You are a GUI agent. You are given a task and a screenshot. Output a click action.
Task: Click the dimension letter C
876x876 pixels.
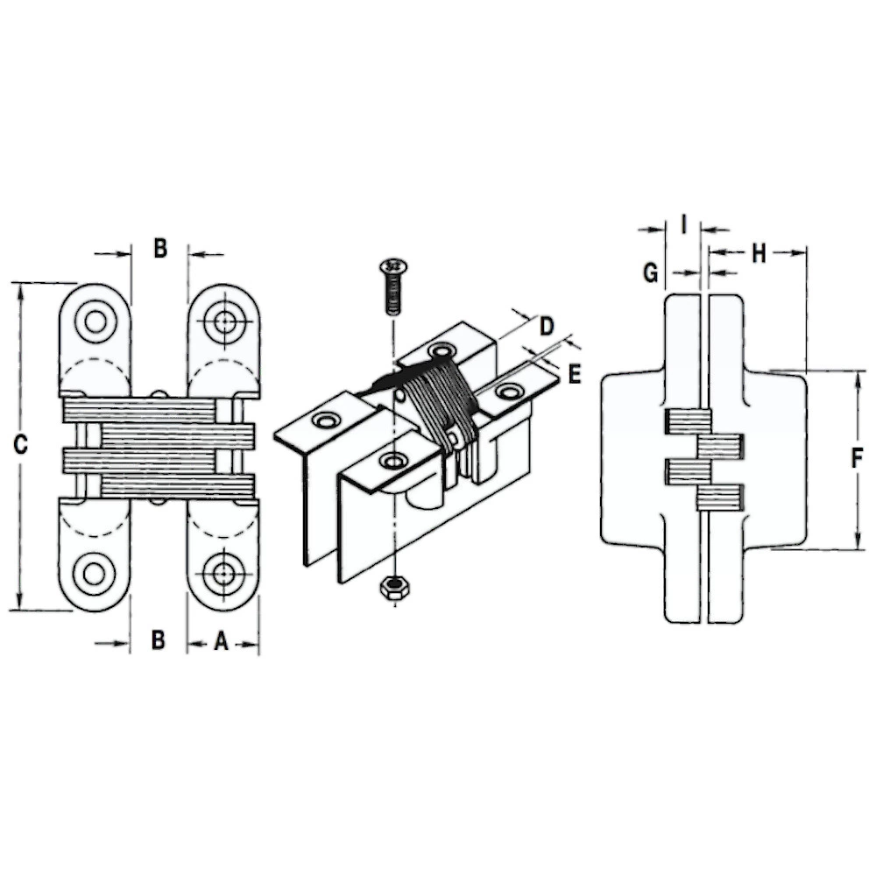21,445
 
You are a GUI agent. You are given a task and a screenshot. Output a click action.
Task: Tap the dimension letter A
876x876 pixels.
222,641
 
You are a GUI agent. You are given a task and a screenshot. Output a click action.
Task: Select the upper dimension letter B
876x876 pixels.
160,249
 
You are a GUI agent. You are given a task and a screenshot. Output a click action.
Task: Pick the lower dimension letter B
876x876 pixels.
159,639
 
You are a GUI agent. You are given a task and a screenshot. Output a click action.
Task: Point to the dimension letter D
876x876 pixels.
547,326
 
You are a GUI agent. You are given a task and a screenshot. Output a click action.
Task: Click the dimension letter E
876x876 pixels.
575,374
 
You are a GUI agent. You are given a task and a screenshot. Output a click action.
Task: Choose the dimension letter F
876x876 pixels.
857,459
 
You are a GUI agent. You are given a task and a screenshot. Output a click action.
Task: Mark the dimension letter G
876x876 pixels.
651,272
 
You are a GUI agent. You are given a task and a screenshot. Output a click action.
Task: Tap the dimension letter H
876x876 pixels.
758,253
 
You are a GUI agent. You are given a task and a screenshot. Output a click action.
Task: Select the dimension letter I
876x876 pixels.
684,224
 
